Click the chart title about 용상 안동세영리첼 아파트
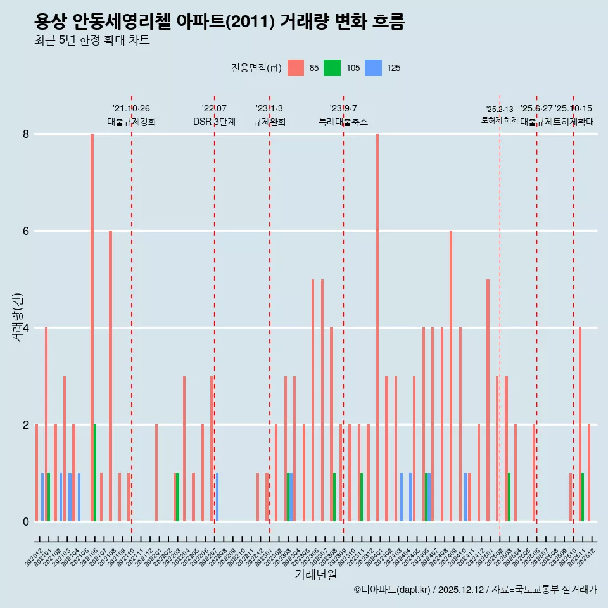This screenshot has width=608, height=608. [219, 22]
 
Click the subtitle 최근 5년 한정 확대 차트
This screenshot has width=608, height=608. [92, 41]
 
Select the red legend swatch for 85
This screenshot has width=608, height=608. [296, 68]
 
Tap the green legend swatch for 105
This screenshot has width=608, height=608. [332, 68]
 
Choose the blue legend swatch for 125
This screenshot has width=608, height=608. [375, 68]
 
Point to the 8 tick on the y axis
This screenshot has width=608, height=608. [26, 134]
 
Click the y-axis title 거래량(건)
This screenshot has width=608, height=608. [18, 317]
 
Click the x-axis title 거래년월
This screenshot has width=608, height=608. [315, 574]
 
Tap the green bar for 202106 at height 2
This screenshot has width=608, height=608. [95, 473]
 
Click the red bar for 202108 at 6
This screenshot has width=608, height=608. [110, 376]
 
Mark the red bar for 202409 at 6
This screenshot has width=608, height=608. [451, 376]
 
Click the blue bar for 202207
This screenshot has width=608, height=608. [217, 497]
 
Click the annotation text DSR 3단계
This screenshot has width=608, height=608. [214, 122]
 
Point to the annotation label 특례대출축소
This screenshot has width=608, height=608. [343, 122]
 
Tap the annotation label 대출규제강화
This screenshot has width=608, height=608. [131, 122]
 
